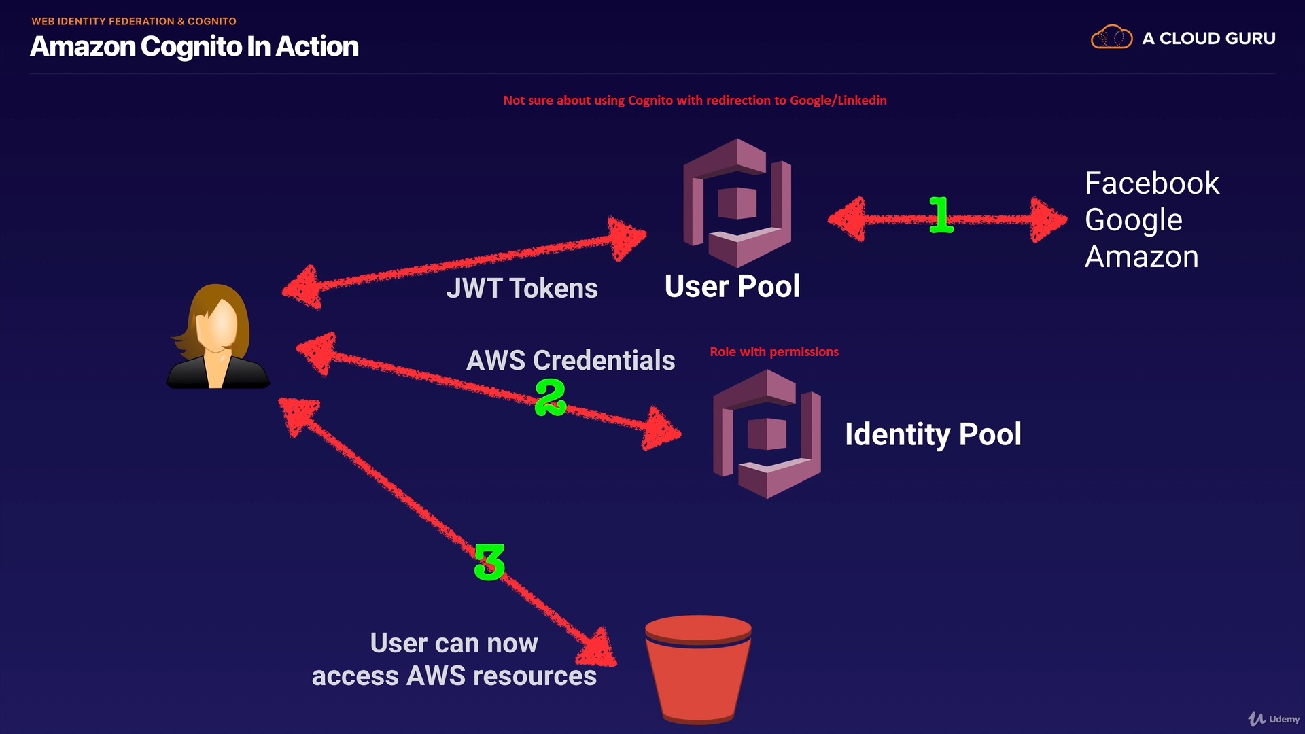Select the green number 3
pos(489,562)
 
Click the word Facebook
pos(1151,183)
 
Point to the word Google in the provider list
pos(1133,220)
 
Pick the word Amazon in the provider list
pos(1141,257)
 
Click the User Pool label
pos(732,286)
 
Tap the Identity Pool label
pos(933,434)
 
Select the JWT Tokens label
pos(522,288)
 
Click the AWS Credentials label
pos(570,360)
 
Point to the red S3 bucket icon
pos(698,669)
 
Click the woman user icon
pos(217,337)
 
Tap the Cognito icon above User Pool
pos(737,203)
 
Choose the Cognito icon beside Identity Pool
pos(767,434)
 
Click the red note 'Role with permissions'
pos(774,352)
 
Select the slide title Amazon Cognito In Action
pos(194,46)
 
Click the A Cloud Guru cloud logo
pos(1111,37)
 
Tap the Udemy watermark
pos(1274,718)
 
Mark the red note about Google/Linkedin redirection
pos(695,101)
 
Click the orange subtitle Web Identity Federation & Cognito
pos(134,21)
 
